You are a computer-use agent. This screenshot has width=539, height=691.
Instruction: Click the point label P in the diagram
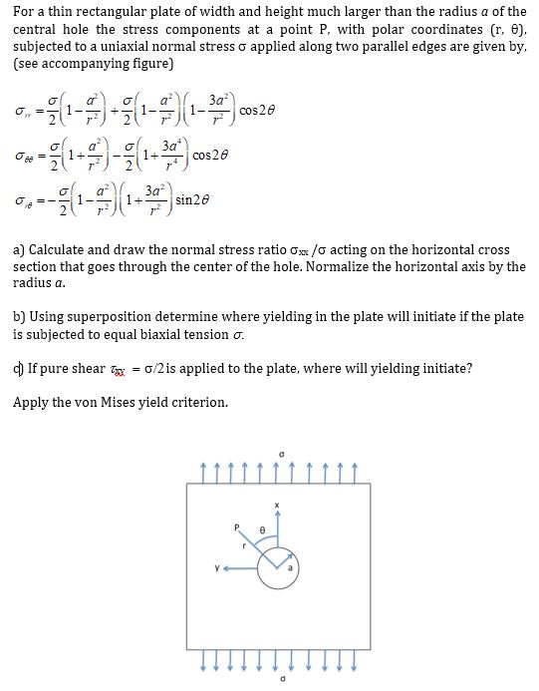[x=237, y=524]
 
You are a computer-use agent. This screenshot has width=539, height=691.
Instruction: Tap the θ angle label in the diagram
[x=261, y=526]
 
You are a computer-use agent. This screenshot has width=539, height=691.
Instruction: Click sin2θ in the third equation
[x=194, y=200]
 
